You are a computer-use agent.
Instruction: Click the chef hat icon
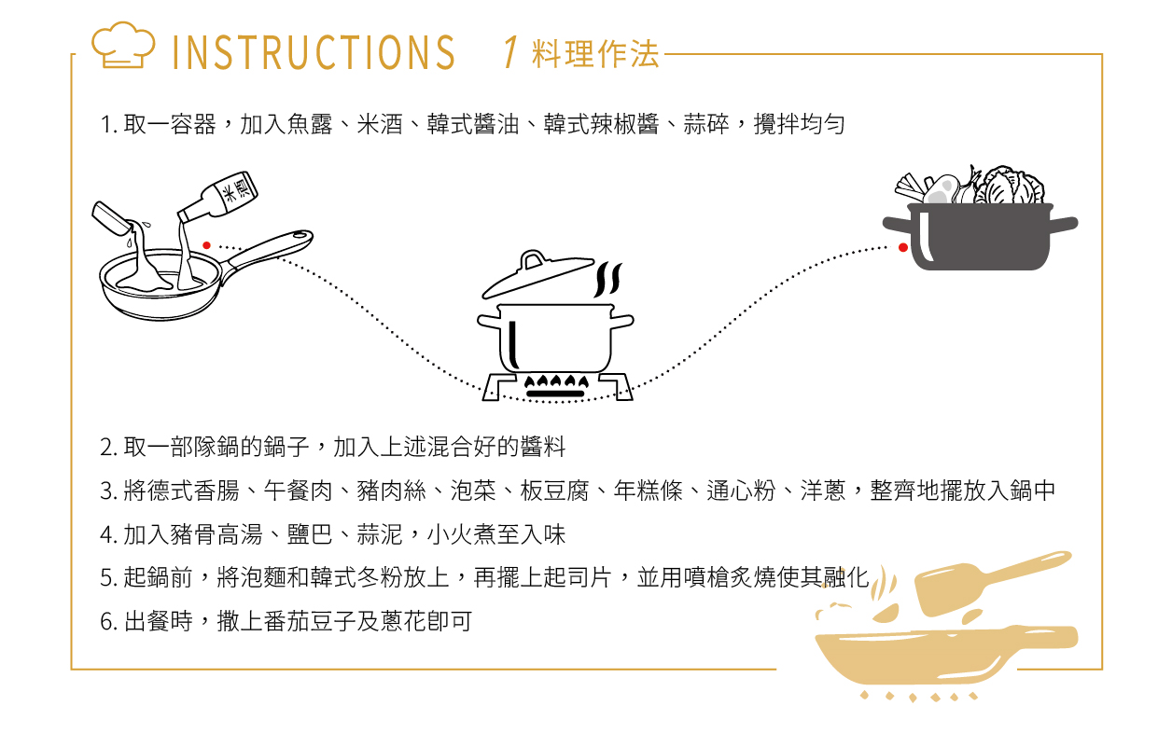tap(123, 45)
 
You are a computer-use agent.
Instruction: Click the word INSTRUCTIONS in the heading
tap(314, 52)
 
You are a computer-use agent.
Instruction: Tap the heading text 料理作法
tap(595, 54)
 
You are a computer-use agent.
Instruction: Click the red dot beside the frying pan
tap(207, 245)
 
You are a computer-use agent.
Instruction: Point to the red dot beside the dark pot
tap(903, 247)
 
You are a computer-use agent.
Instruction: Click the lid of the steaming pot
tap(537, 275)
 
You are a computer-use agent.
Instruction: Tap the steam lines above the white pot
tap(608, 280)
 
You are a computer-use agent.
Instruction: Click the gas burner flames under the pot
tap(556, 381)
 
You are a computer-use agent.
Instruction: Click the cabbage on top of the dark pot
tap(1011, 185)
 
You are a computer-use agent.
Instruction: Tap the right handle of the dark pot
tap(1064, 224)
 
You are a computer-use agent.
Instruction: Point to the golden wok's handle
tap(1039, 637)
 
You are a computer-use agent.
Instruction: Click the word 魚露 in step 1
tap(309, 124)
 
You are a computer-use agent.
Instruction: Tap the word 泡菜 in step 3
tap(473, 491)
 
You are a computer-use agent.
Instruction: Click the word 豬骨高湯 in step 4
tap(216, 534)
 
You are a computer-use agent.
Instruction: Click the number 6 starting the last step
tap(106, 621)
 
